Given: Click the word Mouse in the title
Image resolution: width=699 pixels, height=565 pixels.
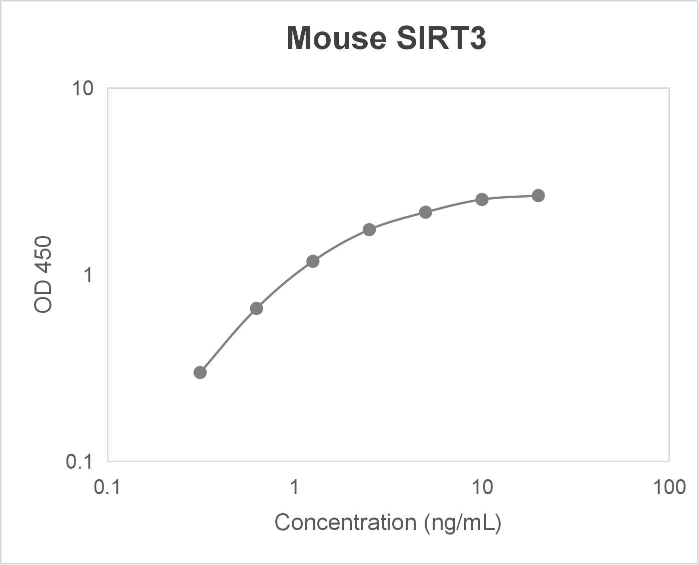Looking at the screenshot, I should coord(336,38).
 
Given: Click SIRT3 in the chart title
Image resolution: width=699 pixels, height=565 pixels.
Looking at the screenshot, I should coord(441,38).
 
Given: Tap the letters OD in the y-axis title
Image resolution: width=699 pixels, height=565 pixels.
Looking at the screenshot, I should coord(43,300).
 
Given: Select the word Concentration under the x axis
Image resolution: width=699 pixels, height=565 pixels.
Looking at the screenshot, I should coord(345,523).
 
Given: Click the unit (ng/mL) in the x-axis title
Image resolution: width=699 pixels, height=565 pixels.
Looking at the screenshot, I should coord(463,523).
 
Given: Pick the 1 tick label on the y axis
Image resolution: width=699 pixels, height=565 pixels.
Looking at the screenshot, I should coord(88,275).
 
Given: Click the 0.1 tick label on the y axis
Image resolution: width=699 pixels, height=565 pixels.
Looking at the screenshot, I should coord(79,461).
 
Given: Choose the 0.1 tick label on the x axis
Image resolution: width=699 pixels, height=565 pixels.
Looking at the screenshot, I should coord(107,487).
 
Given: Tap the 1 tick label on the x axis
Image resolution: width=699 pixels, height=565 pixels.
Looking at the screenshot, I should coord(295,487).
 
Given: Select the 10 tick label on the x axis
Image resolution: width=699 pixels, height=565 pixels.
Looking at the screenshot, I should coord(482,487).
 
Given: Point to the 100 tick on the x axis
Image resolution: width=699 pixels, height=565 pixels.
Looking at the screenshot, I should coord(669,487).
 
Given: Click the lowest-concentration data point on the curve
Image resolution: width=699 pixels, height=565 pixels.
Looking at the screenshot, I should coord(200,372).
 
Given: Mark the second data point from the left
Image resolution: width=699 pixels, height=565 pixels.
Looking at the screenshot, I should coord(256,308).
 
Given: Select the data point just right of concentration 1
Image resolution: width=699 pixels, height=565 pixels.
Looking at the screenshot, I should coord(313,261).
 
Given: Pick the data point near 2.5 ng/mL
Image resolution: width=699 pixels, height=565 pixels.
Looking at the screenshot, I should coord(369,230).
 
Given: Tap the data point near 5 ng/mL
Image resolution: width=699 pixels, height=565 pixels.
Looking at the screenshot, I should coord(425,212).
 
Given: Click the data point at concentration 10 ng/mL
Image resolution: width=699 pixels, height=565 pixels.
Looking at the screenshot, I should coord(482,200).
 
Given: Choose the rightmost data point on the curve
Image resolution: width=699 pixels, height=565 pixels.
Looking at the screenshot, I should coord(538,196).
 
